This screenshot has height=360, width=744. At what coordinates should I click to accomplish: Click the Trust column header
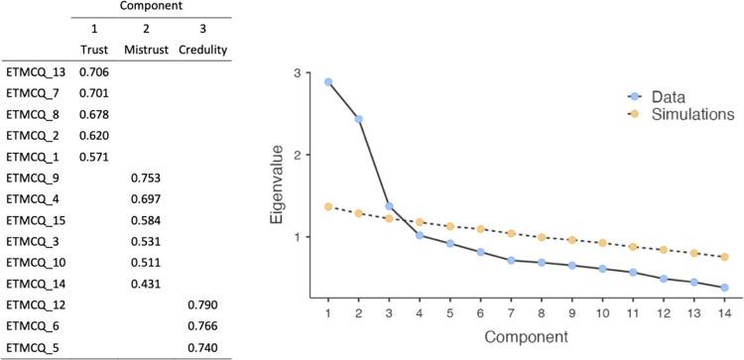[92, 48]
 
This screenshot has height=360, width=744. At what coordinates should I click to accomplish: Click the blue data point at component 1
[328, 82]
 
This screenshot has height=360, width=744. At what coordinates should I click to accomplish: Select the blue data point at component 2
[358, 119]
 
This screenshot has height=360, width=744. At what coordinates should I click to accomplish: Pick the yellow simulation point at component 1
[328, 206]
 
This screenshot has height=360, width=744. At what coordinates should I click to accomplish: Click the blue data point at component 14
[725, 288]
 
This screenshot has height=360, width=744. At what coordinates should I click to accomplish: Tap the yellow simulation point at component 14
[725, 257]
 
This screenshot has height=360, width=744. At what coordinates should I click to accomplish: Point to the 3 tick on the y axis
[297, 73]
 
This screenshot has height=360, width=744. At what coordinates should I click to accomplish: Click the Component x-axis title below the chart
[527, 337]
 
